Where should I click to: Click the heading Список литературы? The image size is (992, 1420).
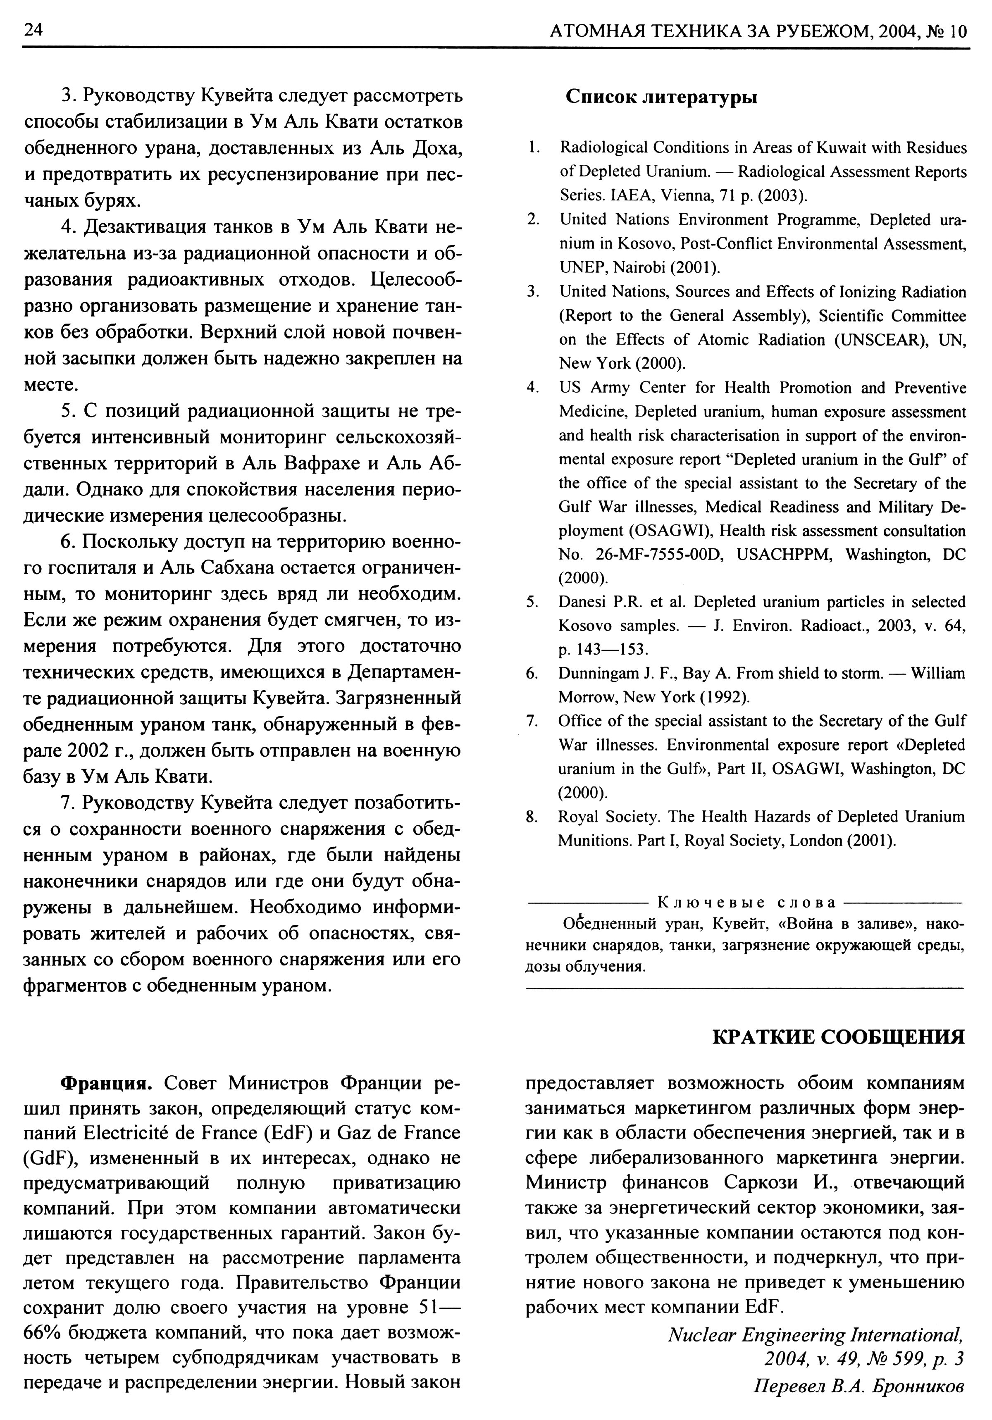(x=661, y=97)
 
